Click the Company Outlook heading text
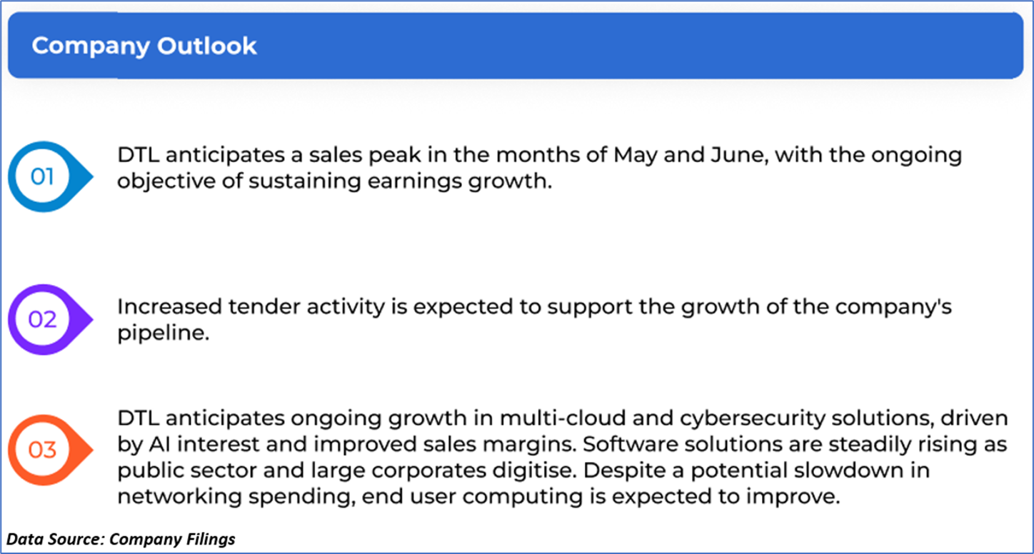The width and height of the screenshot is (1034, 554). tap(144, 46)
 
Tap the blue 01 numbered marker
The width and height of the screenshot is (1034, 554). tap(50, 176)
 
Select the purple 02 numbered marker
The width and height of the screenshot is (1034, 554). tap(50, 319)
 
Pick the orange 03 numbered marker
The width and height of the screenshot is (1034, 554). tap(50, 450)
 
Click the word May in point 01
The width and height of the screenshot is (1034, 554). tap(635, 156)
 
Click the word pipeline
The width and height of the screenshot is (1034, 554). tap(163, 333)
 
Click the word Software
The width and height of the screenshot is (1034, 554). tap(630, 445)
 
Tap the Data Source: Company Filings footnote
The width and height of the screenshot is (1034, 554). tap(121, 539)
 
